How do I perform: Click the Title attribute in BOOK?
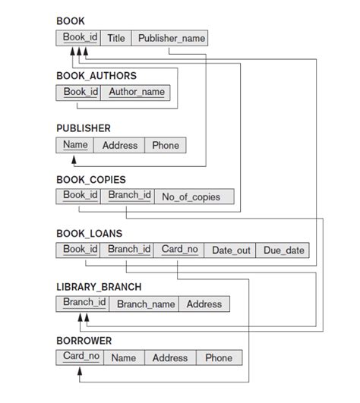116,38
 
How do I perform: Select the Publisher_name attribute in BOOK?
169,38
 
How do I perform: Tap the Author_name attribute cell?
136,92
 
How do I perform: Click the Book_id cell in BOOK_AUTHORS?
79,92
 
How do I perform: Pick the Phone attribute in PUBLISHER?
166,145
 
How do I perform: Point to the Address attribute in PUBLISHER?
120,145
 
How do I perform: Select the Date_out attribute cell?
231,250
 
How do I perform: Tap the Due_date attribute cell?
283,250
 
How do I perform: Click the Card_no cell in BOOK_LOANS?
179,249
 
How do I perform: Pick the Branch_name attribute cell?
146,304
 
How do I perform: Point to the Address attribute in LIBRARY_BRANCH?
204,304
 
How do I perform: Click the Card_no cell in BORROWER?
79,357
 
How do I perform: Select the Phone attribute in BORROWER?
219,357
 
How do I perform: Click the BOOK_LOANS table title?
89,233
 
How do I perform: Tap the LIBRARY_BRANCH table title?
99,287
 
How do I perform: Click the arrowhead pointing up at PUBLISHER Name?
74,159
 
